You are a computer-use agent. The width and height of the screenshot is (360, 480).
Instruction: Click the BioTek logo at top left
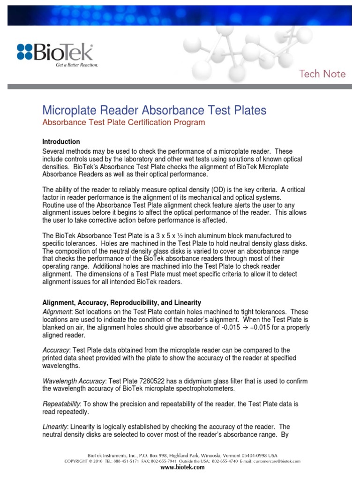[x=55, y=52]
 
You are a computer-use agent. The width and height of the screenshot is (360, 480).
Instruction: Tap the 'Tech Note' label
[x=322, y=74]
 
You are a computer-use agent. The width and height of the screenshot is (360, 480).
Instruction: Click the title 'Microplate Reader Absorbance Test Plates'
[x=154, y=110]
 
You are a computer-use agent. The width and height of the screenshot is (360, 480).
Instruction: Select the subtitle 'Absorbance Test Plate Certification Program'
[x=124, y=123]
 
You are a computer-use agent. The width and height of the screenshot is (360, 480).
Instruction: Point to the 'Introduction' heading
[x=61, y=142]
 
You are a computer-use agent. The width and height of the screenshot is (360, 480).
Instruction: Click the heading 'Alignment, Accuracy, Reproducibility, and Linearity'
[x=122, y=303]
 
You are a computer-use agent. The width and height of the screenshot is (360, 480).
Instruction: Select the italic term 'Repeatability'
[x=61, y=403]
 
